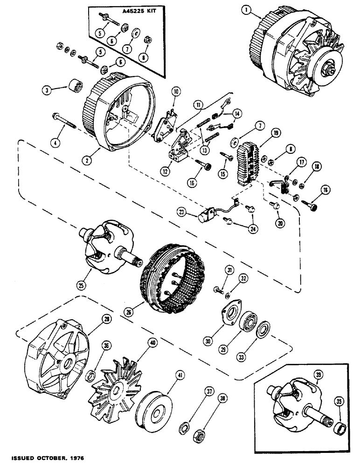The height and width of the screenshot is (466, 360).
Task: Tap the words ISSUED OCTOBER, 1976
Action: [x=42, y=459]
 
